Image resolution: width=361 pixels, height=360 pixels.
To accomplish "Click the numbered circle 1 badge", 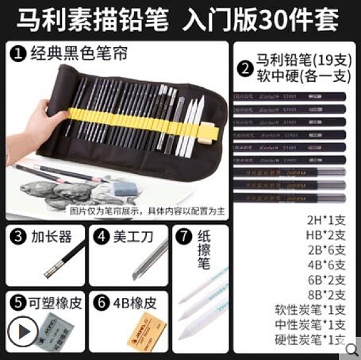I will tap(19, 52).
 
